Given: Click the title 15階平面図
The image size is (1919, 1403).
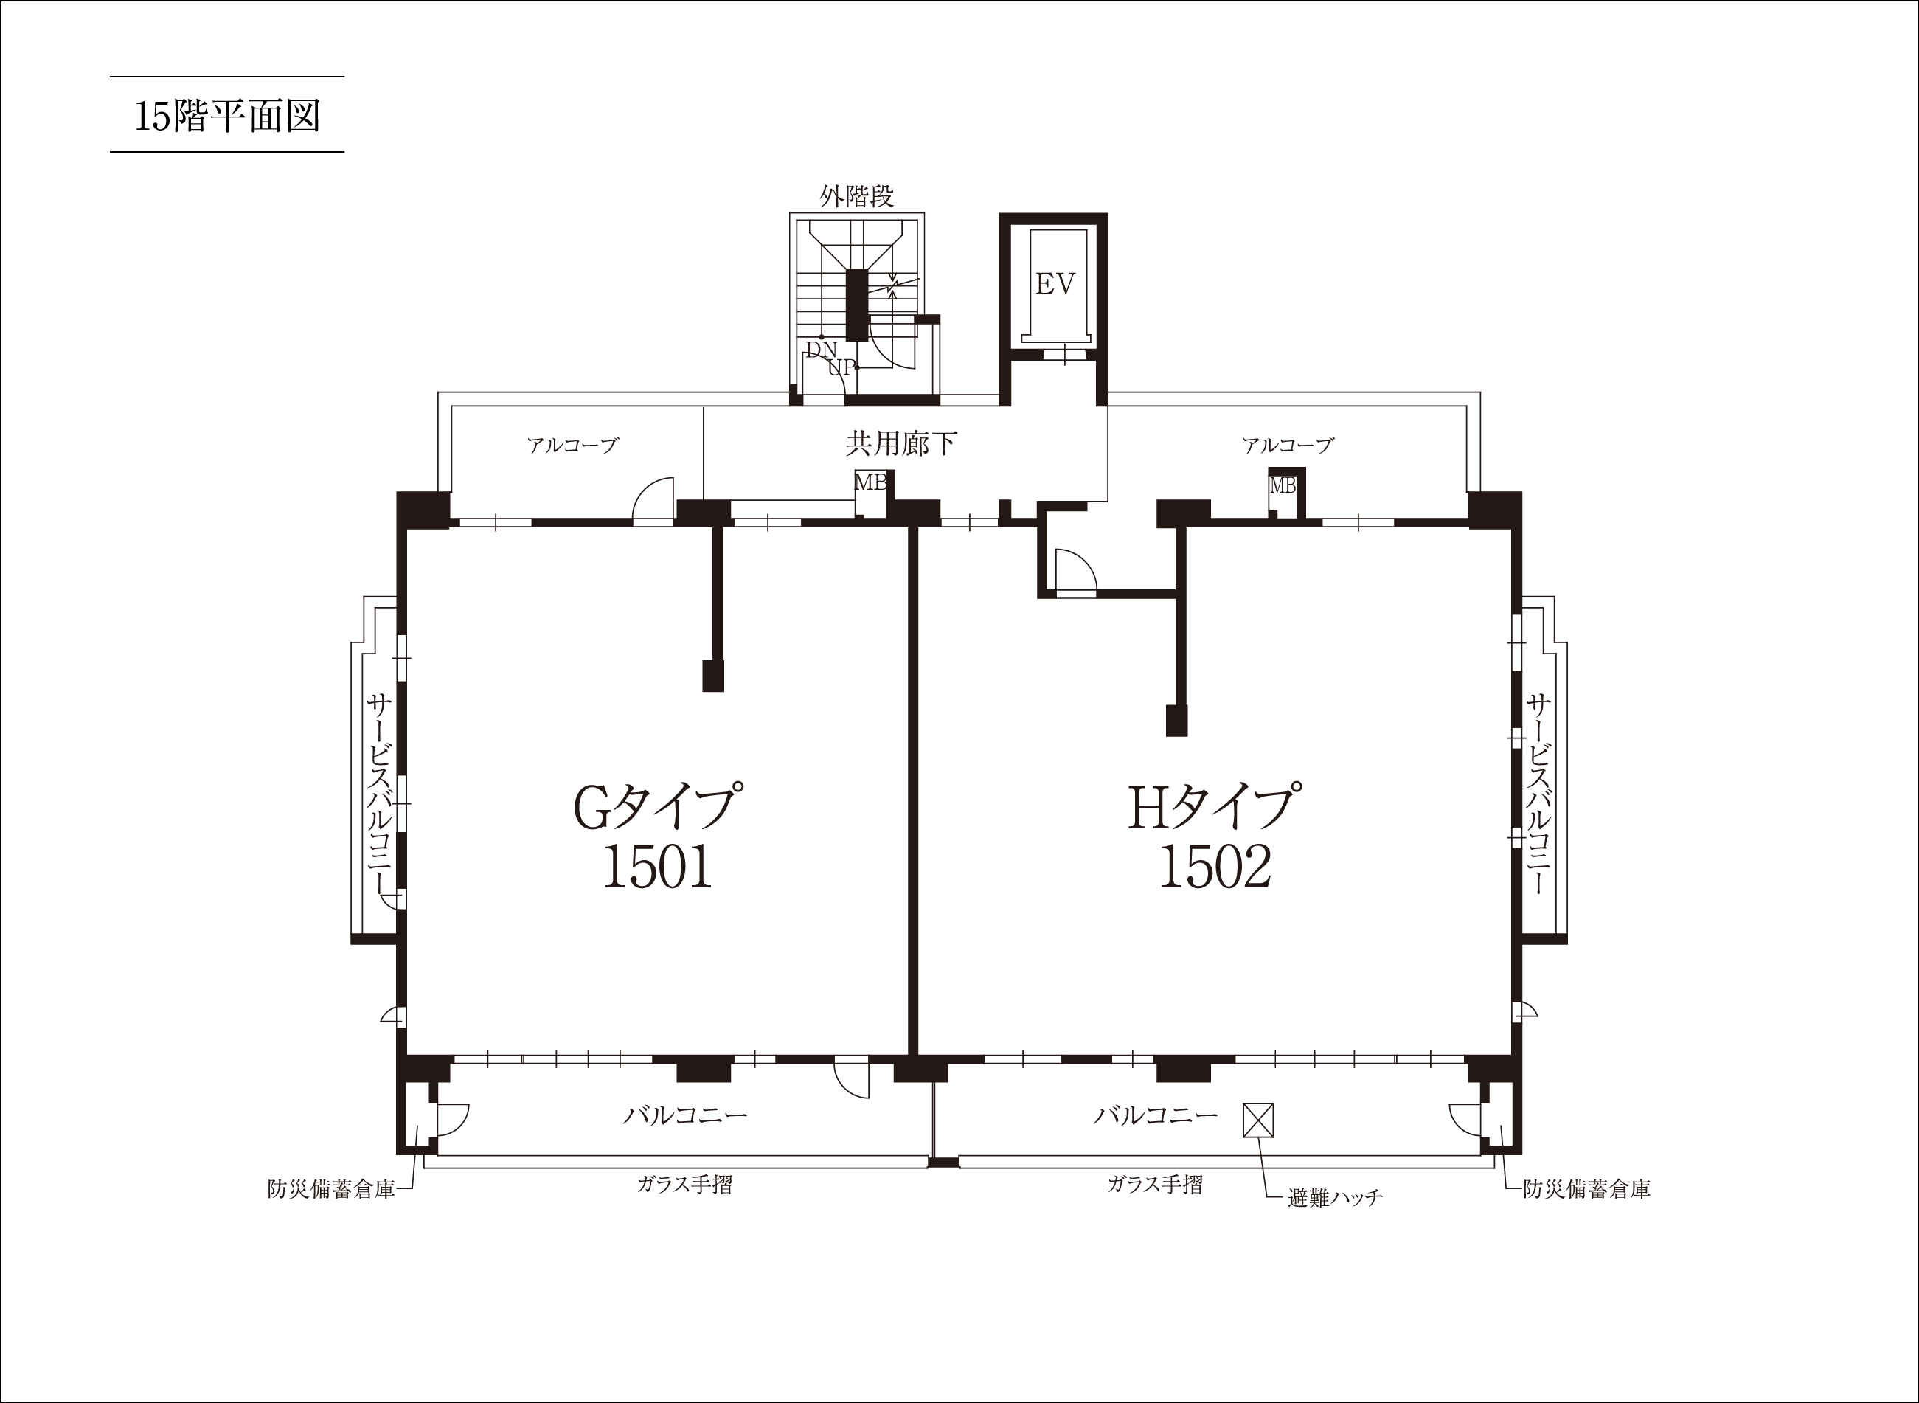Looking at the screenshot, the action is pos(228,116).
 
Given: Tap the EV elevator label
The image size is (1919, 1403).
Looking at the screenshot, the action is pos(1055,284).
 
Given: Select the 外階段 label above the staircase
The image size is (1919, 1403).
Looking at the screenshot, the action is pos(857,196).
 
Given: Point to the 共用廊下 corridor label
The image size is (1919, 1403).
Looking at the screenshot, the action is pos(902,443).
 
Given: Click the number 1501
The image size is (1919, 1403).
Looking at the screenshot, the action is pos(657,867).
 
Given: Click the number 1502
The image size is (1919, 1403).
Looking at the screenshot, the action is pos(1215,867).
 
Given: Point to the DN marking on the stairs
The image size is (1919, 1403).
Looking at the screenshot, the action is pos(821,349).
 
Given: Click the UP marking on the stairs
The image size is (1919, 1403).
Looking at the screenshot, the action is pos(841,368).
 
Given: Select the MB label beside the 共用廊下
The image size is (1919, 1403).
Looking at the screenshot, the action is pos(870,482).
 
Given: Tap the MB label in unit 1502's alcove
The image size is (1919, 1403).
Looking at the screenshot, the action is pos(1283,486).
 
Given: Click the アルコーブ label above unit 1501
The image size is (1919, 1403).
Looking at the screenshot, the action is pos(572,445).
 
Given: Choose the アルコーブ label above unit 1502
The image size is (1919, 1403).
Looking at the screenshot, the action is pos(1288,445).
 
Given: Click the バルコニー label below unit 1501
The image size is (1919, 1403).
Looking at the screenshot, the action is pos(685,1115).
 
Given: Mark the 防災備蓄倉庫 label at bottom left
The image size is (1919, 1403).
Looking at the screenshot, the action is pos(331,1190).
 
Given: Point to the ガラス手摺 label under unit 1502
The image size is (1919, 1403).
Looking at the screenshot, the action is pos(1155,1184).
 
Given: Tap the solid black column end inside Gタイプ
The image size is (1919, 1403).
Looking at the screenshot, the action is pos(713,676).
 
